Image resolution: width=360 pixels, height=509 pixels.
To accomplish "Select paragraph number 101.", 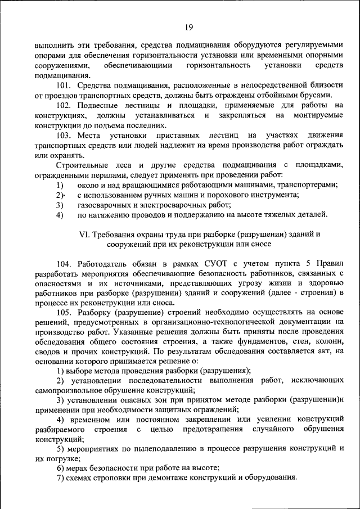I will pos(65,85).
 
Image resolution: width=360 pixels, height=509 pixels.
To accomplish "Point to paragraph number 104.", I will pos(65,263).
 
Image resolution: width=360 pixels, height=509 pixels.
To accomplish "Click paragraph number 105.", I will pos(65,312).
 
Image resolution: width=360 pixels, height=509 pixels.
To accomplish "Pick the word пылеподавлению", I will pos(157,448).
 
